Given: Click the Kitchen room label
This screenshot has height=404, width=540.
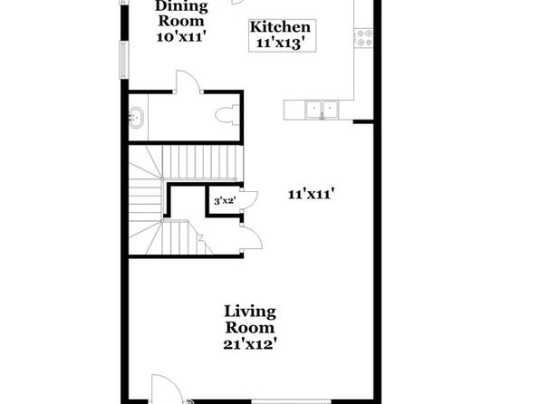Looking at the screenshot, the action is [280, 27].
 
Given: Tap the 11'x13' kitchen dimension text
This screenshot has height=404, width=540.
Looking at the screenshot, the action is [281, 43].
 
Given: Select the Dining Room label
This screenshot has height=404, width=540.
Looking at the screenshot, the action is [181, 14].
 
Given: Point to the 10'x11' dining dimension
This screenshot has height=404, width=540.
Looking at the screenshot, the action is [181, 36].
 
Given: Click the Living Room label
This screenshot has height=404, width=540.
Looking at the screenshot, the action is [250, 320].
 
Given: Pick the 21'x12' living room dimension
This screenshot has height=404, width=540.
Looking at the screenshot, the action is [250, 344].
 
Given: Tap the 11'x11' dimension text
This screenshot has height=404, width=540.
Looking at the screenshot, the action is [312, 195].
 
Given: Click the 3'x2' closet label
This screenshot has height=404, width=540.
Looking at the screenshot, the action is [225, 201].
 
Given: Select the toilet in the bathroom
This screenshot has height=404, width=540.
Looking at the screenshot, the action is [227, 115].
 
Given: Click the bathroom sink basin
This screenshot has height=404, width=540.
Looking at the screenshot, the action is [136, 118].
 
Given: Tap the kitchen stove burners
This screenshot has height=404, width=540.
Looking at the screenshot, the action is [364, 38].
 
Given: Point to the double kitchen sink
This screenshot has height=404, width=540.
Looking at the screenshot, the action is [322, 110].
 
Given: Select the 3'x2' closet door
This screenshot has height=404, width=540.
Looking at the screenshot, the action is [250, 199].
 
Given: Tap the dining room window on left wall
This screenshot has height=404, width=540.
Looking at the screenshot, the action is [123, 60].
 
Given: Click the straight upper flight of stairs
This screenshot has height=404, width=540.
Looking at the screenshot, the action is [203, 162].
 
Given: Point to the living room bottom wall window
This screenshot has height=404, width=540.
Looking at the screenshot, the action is [292, 401].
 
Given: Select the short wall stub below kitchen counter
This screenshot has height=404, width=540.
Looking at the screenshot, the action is [363, 121].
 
